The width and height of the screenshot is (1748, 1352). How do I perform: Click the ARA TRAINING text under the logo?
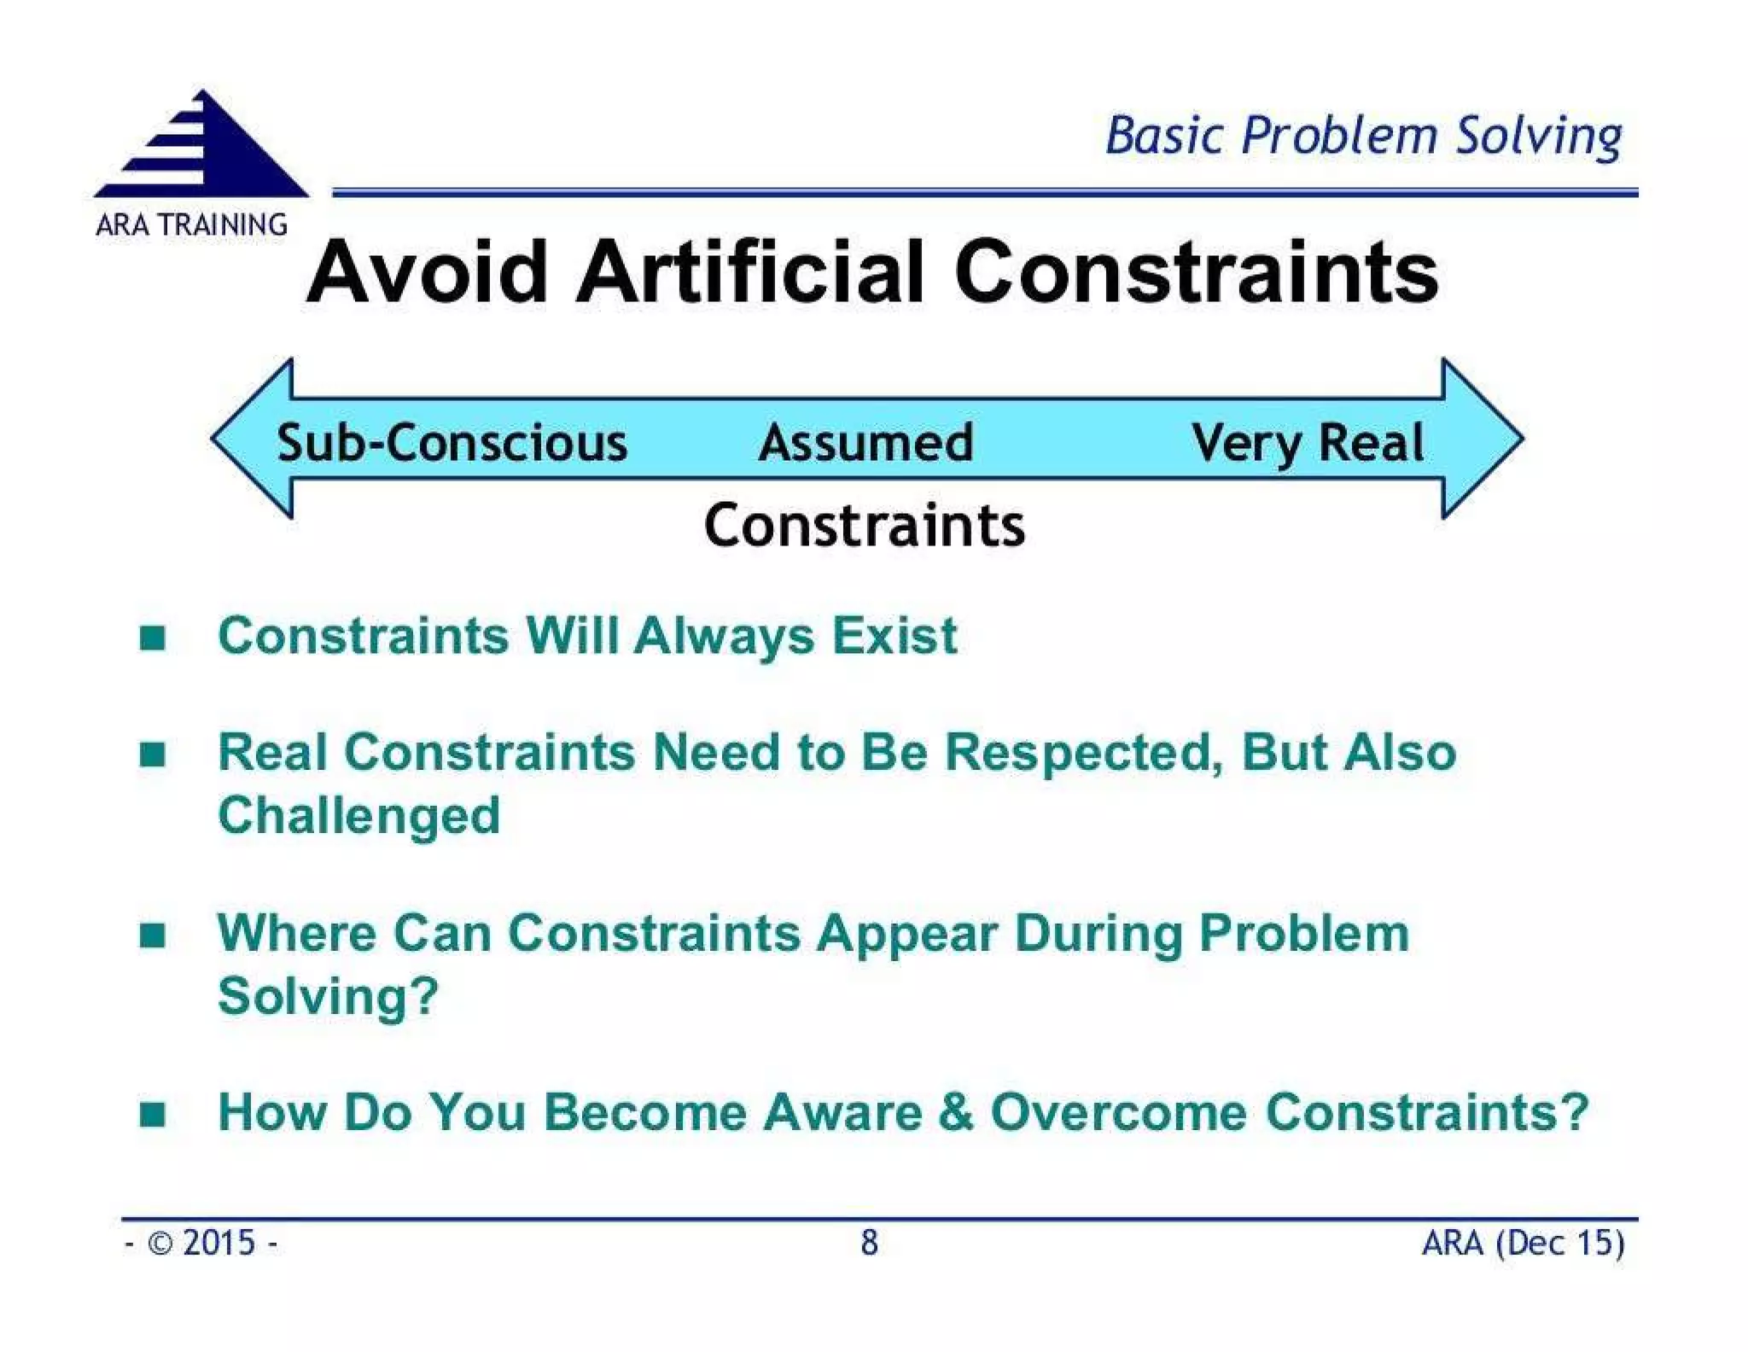click(191, 224)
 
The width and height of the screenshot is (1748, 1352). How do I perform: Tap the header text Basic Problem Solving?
click(1362, 137)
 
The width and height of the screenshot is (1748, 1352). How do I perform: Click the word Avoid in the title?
click(427, 272)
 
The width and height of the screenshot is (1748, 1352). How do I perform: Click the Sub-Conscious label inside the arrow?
click(452, 443)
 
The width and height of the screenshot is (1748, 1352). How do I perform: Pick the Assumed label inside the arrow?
click(865, 443)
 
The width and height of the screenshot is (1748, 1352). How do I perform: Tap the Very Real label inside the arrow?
click(1308, 443)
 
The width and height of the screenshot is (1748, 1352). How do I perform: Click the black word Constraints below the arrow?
click(864, 525)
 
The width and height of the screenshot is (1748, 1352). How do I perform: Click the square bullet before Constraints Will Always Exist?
click(152, 637)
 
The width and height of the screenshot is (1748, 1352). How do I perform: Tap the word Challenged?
click(358, 815)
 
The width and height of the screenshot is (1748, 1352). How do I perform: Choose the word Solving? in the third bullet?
click(328, 996)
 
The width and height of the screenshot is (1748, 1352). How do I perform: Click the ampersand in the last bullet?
click(955, 1112)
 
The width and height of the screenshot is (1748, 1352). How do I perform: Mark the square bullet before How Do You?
click(152, 1114)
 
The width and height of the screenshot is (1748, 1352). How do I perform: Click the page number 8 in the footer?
click(869, 1243)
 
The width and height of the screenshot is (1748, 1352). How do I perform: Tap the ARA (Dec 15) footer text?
click(1523, 1243)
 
